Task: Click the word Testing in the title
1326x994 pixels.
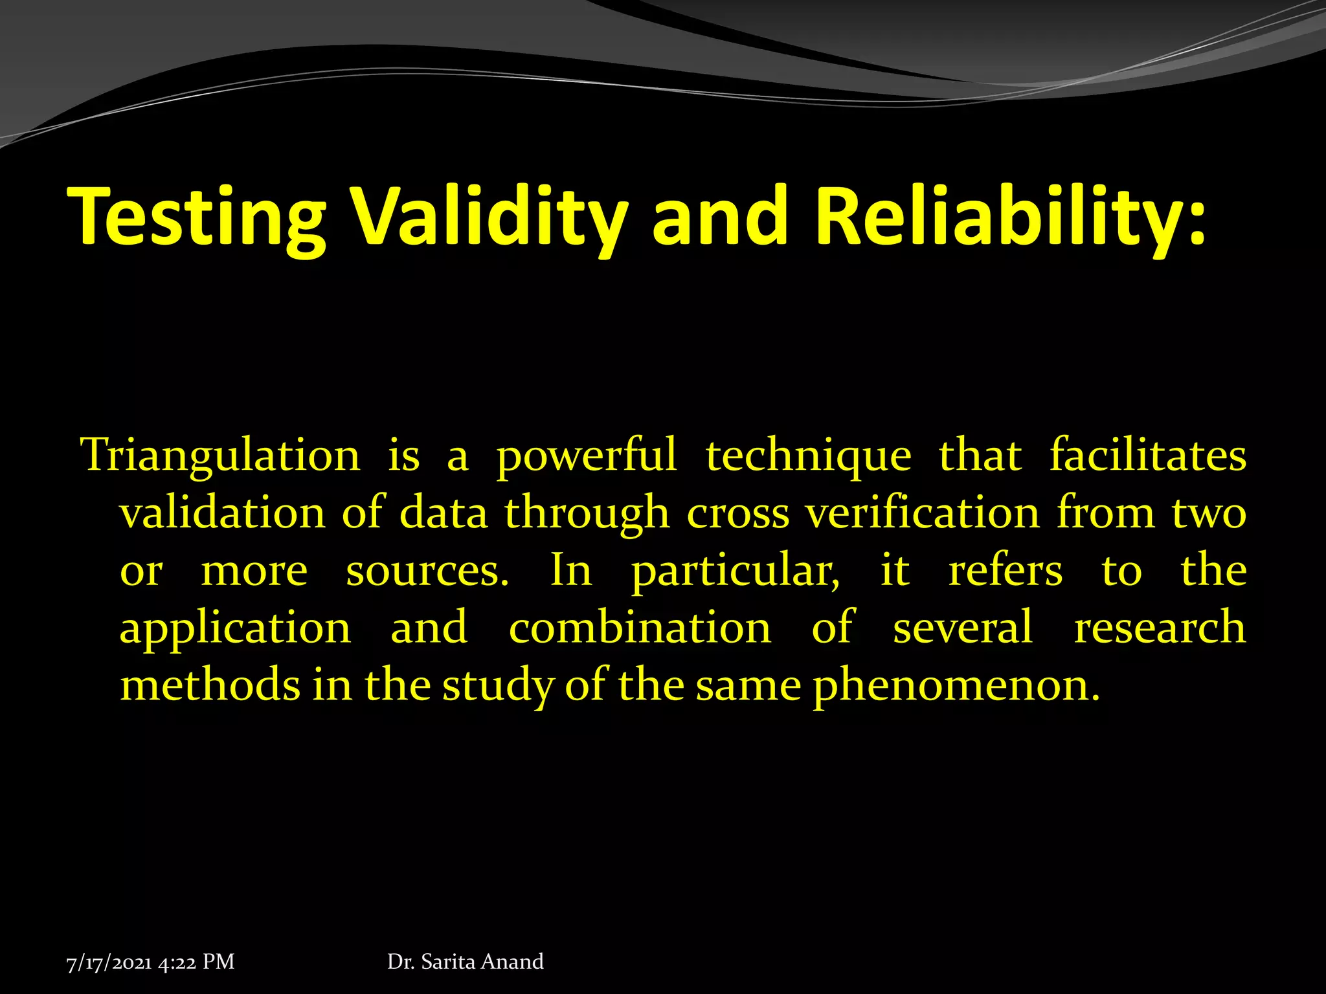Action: tap(197, 217)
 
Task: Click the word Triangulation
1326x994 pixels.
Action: tap(220, 456)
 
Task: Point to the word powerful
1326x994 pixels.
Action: tap(586, 456)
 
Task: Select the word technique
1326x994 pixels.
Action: tap(808, 456)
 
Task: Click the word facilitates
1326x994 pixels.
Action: tap(1147, 456)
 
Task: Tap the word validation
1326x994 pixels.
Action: tap(222, 513)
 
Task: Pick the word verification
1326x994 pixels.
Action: tap(922, 513)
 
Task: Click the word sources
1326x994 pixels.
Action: tap(427, 571)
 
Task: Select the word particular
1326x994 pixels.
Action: tap(736, 571)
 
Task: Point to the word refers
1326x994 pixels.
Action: tap(1005, 571)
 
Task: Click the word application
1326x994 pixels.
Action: tap(235, 628)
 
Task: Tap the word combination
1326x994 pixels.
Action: tap(640, 628)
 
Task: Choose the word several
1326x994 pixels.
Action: tap(962, 628)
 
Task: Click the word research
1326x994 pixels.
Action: tap(1160, 628)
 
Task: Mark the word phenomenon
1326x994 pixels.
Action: tap(956, 687)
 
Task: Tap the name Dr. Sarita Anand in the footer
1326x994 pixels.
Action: tap(465, 962)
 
